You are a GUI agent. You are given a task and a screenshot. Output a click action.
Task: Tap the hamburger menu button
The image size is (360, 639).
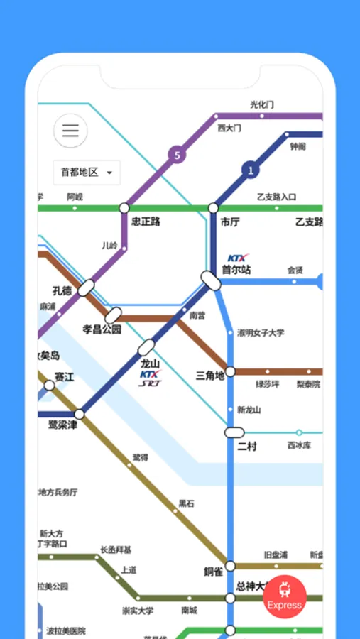tap(70, 131)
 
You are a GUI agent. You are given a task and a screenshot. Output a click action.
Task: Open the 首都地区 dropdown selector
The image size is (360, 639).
tap(87, 173)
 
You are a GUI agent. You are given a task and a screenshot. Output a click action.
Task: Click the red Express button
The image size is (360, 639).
tap(285, 597)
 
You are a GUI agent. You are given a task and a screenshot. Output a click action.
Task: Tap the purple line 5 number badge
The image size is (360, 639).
tap(177, 154)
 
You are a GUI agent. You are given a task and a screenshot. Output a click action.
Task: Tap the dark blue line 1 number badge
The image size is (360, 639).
tap(250, 170)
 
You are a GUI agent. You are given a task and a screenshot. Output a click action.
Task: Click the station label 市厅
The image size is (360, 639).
tap(230, 222)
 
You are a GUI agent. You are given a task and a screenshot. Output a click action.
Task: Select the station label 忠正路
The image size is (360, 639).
tap(146, 222)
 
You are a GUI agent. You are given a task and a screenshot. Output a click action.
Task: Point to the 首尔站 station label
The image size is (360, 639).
tap(236, 270)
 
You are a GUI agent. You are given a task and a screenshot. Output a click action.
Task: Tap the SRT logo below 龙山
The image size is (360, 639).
tap(150, 383)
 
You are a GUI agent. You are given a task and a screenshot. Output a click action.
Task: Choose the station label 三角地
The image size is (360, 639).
tap(209, 375)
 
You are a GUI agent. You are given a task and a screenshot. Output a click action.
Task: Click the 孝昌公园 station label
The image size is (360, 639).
tap(102, 329)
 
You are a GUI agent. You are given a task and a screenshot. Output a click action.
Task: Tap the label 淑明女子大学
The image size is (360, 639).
tap(261, 332)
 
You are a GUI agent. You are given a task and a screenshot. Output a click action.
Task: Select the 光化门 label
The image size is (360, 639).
tap(262, 104)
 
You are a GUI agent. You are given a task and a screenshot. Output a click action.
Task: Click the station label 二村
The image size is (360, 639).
tap(246, 446)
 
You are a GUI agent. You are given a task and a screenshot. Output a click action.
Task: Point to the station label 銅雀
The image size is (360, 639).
tap(213, 571)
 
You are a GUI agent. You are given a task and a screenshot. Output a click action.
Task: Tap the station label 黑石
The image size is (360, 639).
tap(186, 503)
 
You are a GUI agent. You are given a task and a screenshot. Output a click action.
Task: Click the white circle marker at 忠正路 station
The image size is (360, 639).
tap(124, 208)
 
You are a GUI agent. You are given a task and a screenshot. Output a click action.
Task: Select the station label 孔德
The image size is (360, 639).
tap(62, 291)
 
